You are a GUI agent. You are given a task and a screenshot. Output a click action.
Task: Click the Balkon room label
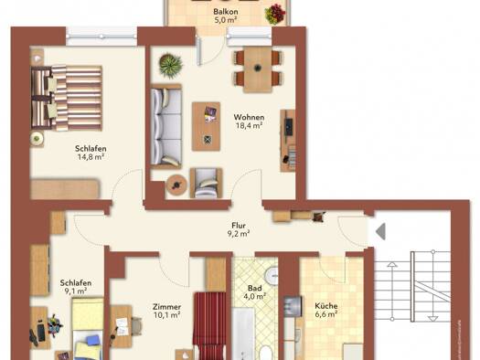[226, 16]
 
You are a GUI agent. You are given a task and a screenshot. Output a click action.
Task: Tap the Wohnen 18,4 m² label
[249, 122]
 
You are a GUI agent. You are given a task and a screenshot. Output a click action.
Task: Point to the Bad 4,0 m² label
[255, 292]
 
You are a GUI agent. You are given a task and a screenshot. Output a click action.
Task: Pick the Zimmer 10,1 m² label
[166, 311]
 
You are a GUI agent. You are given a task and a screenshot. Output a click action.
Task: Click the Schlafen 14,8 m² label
[91, 153]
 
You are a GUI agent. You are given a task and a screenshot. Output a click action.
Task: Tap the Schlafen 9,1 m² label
[76, 287]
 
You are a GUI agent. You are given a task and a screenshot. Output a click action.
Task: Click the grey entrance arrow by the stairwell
[380, 231]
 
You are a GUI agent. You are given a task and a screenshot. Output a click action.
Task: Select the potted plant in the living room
[170, 65]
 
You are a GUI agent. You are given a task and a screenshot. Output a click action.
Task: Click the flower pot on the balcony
[275, 14]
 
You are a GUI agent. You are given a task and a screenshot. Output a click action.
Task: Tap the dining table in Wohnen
[258, 69]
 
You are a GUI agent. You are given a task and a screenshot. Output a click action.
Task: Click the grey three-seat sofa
[166, 127]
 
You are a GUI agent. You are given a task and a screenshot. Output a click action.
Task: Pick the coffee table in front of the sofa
[206, 126]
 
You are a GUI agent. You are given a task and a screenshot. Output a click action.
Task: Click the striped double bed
[67, 99]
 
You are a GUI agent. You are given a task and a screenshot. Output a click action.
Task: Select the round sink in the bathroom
[272, 274]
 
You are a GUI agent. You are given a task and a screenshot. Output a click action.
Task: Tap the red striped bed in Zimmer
[210, 326]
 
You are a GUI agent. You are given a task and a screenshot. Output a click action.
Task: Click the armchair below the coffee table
[206, 183]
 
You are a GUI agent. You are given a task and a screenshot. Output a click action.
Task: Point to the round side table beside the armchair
[176, 185]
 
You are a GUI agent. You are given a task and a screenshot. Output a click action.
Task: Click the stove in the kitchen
[293, 306]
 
